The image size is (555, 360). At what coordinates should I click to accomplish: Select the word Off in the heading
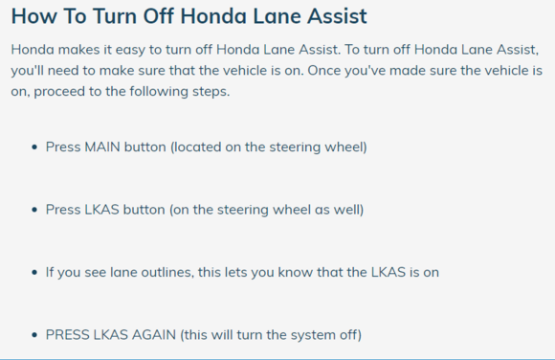coord(158,16)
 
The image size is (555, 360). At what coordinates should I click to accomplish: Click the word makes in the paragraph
coord(78,49)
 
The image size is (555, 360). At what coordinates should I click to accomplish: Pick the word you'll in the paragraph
coord(27,71)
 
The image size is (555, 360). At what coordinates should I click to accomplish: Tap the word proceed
coord(59,92)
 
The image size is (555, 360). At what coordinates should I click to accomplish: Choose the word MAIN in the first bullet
coord(102,147)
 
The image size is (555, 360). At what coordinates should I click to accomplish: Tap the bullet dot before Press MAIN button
coord(34,147)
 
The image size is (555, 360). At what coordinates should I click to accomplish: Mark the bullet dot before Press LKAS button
coord(34,210)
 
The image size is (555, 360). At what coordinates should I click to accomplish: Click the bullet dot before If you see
coord(34,273)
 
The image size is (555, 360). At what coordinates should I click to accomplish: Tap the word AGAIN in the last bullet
coord(154,335)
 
